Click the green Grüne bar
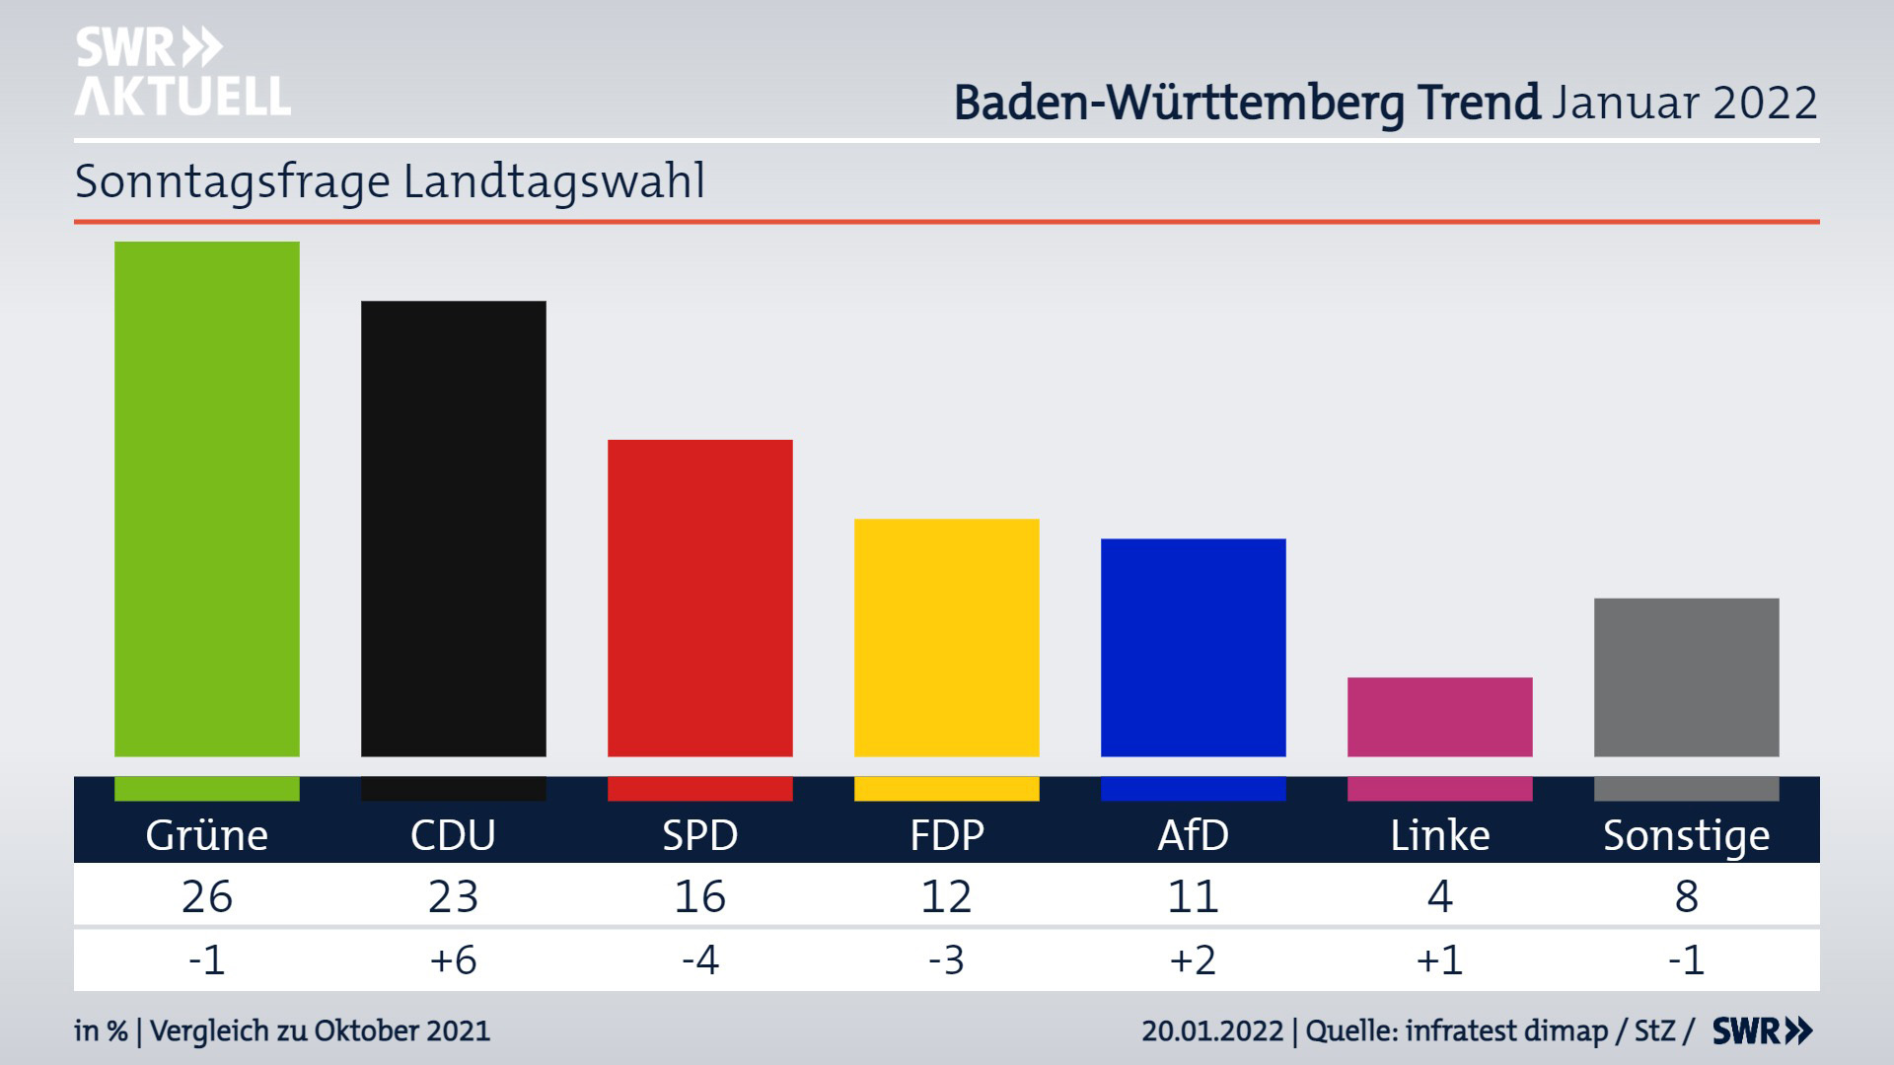click(207, 499)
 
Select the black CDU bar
click(454, 529)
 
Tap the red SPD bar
click(700, 598)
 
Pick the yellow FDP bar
click(947, 637)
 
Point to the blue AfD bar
click(1194, 647)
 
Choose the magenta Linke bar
click(1440, 717)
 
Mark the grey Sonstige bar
click(1687, 677)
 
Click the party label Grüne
click(207, 835)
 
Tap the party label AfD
click(1194, 835)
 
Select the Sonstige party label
click(1687, 835)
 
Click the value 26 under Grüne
click(207, 896)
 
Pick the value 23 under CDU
click(454, 896)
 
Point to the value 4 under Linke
click(1440, 896)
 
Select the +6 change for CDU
click(454, 959)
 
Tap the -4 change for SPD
click(700, 959)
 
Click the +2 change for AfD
click(1194, 959)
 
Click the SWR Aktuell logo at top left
click(182, 72)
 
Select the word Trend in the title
click(1479, 103)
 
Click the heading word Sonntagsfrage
click(233, 182)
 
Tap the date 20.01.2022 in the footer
click(1212, 1031)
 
